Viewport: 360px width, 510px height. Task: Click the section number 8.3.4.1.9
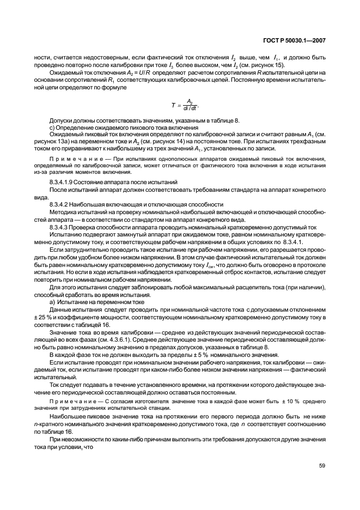[x=66, y=180]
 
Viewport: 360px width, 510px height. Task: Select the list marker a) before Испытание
[x=52, y=301]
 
